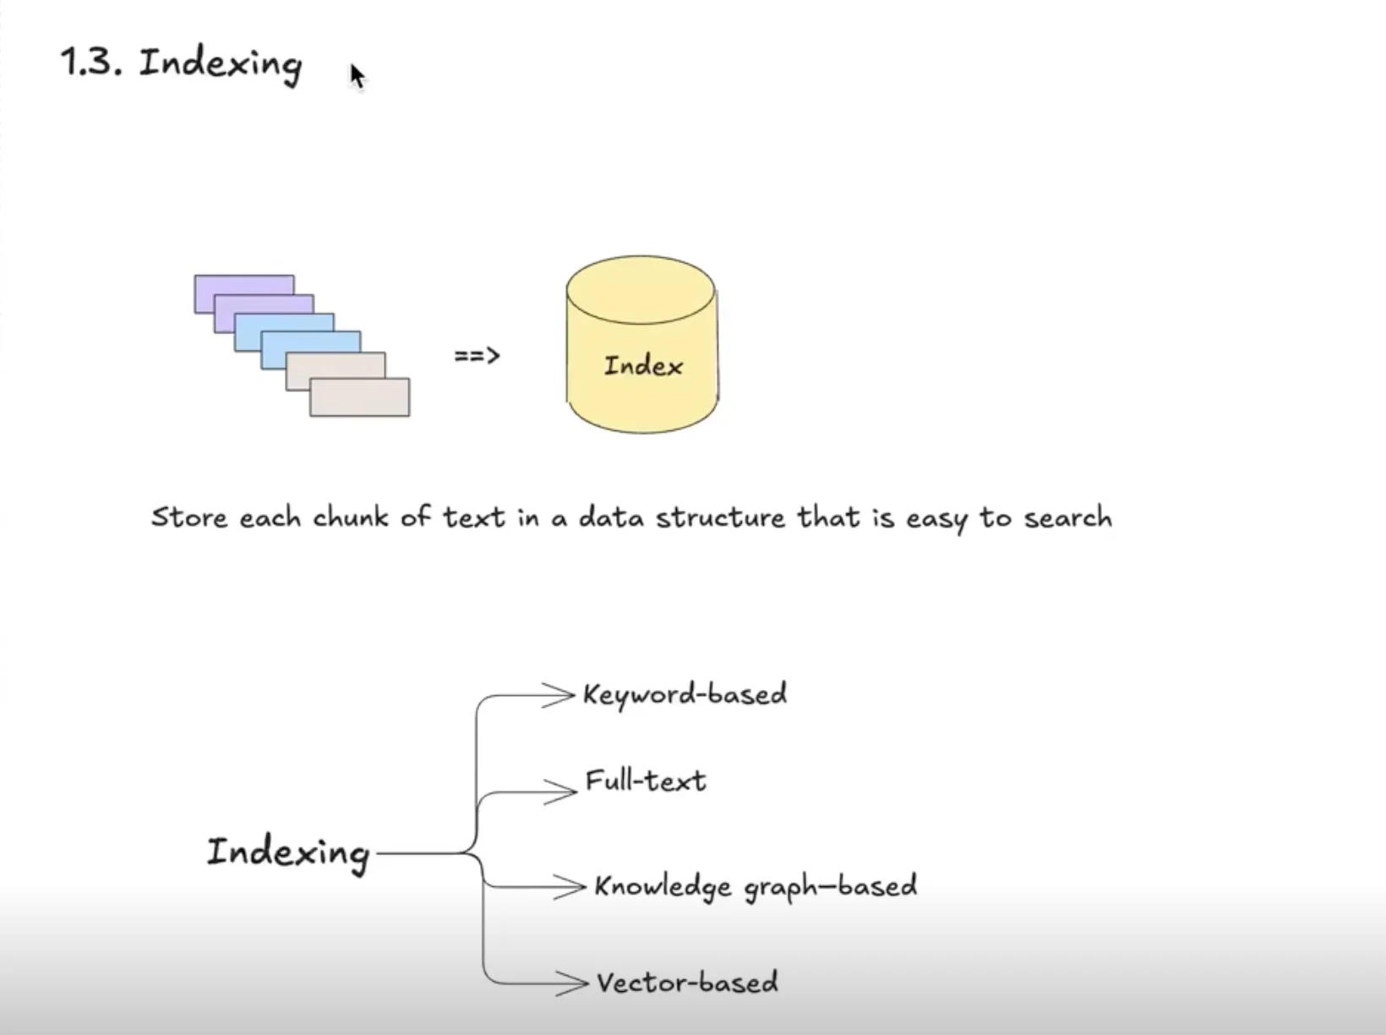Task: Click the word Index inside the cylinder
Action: (643, 366)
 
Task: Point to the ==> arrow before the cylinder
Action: (477, 356)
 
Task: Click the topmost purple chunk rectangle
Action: (243, 284)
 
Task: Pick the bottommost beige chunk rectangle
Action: (360, 398)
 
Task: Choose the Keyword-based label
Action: (685, 695)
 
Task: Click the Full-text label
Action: (646, 780)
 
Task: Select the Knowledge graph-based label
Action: (756, 886)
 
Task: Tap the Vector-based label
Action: (687, 983)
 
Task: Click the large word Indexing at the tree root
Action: (288, 852)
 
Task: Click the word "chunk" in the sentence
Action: (350, 517)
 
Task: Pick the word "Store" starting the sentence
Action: (189, 517)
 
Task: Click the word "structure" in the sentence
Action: (720, 517)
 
